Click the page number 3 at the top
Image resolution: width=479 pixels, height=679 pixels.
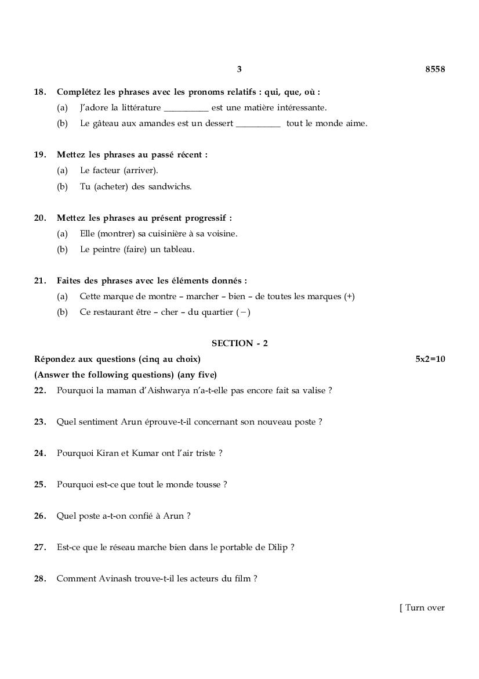[x=239, y=69]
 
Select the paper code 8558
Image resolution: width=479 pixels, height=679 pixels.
[x=435, y=69]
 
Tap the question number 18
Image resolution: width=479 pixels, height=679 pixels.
[x=40, y=92]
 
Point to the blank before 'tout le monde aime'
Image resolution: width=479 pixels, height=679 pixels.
[x=258, y=124]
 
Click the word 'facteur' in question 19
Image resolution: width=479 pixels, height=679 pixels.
[x=106, y=171]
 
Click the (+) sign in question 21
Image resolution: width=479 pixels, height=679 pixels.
[x=349, y=296]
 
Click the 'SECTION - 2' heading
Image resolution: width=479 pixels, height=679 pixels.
[x=239, y=343]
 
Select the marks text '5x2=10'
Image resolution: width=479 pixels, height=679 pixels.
[x=430, y=359]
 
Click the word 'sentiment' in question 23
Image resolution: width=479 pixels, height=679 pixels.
[x=98, y=422]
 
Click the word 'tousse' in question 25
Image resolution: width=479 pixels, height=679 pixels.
[x=208, y=484]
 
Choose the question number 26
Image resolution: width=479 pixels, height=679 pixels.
[x=40, y=516]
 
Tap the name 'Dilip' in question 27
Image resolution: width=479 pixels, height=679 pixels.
[x=278, y=547]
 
